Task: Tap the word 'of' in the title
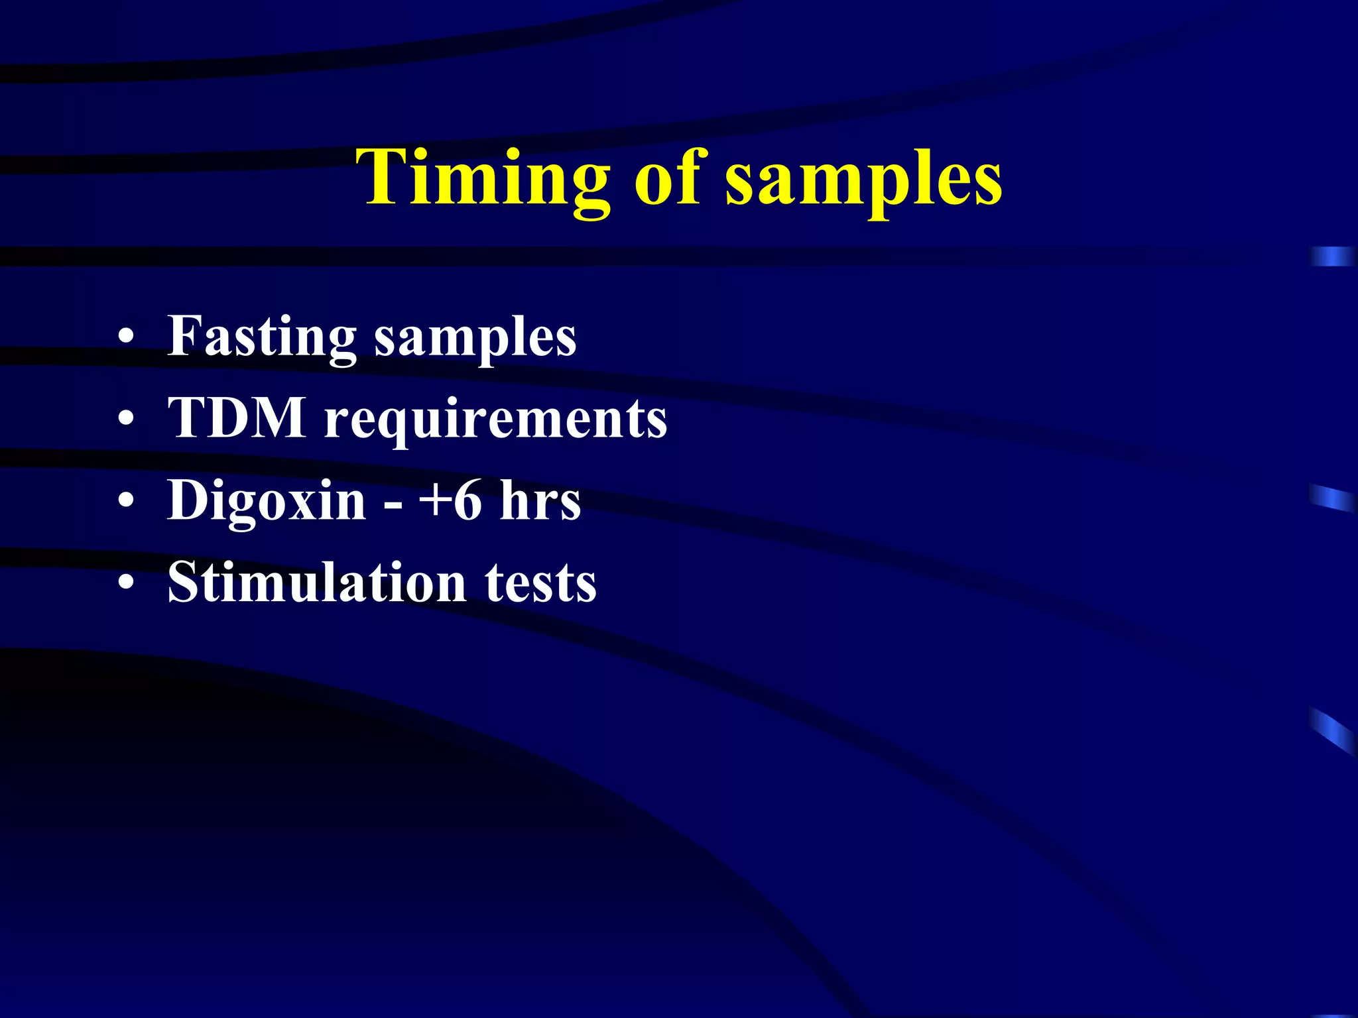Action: [666, 178]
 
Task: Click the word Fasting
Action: [262, 337]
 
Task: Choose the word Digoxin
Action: [267, 501]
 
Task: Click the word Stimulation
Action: [317, 582]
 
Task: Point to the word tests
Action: [540, 583]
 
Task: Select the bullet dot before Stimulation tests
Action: [126, 583]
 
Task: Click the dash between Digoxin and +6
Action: [393, 504]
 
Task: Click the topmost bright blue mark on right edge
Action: [1331, 256]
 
